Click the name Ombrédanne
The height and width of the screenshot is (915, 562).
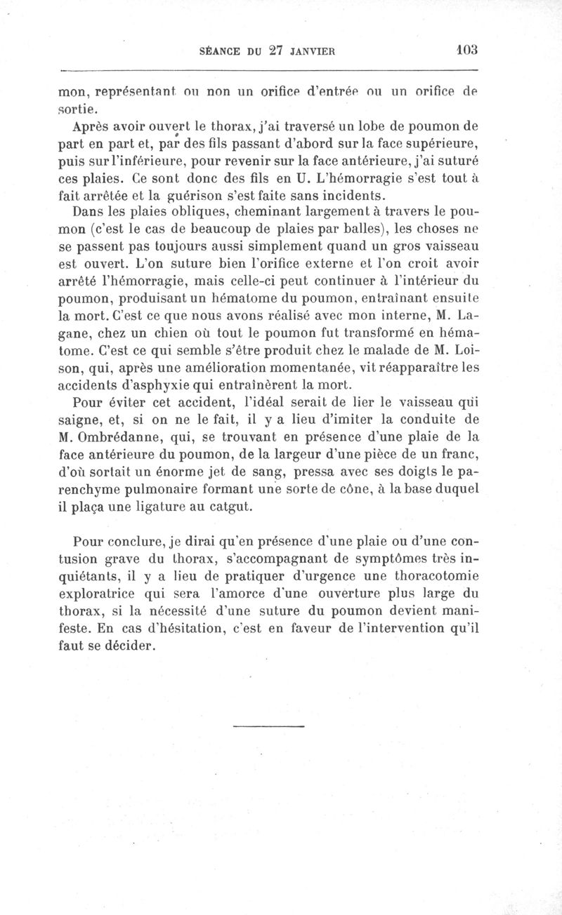click(135, 435)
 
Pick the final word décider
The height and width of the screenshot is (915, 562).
click(129, 643)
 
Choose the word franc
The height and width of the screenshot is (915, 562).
click(457, 453)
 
